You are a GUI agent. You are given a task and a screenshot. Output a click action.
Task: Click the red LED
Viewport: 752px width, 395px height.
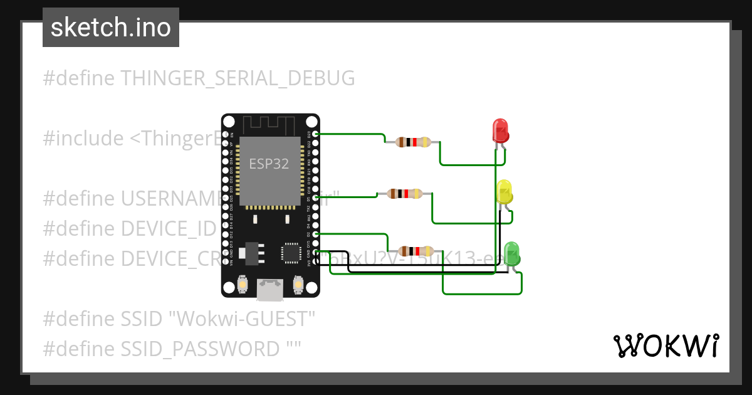[501, 130]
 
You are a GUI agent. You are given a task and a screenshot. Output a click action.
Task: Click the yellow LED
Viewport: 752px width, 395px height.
[504, 191]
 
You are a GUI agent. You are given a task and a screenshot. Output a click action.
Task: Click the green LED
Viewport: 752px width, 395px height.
[512, 253]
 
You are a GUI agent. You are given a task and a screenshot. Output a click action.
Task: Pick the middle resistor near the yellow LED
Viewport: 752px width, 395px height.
[405, 194]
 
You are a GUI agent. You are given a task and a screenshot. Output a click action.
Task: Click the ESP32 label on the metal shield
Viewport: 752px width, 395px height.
[269, 164]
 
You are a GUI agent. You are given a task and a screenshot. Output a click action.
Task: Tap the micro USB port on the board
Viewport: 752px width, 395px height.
[270, 289]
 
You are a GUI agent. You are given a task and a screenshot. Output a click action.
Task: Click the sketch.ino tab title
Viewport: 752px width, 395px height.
[110, 28]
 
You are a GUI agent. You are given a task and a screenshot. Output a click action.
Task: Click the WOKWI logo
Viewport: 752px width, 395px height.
[665, 346]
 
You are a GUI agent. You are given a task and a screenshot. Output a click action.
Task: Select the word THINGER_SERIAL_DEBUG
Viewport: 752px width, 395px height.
[238, 78]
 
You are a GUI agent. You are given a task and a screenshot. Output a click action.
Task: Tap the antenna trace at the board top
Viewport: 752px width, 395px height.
[270, 124]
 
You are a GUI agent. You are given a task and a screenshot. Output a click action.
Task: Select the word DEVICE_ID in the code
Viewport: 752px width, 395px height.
[168, 229]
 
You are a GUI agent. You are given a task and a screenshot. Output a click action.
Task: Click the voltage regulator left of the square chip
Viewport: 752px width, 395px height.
[253, 251]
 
